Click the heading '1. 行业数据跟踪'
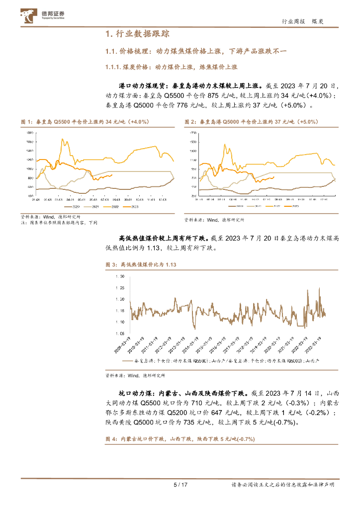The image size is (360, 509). click(137, 34)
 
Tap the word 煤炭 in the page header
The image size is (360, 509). click(319, 21)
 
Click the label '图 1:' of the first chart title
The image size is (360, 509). click(25, 122)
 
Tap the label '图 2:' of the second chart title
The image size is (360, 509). click(189, 122)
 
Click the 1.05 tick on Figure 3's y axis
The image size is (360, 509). click(120, 334)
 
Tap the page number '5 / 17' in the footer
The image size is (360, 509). click(180, 485)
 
